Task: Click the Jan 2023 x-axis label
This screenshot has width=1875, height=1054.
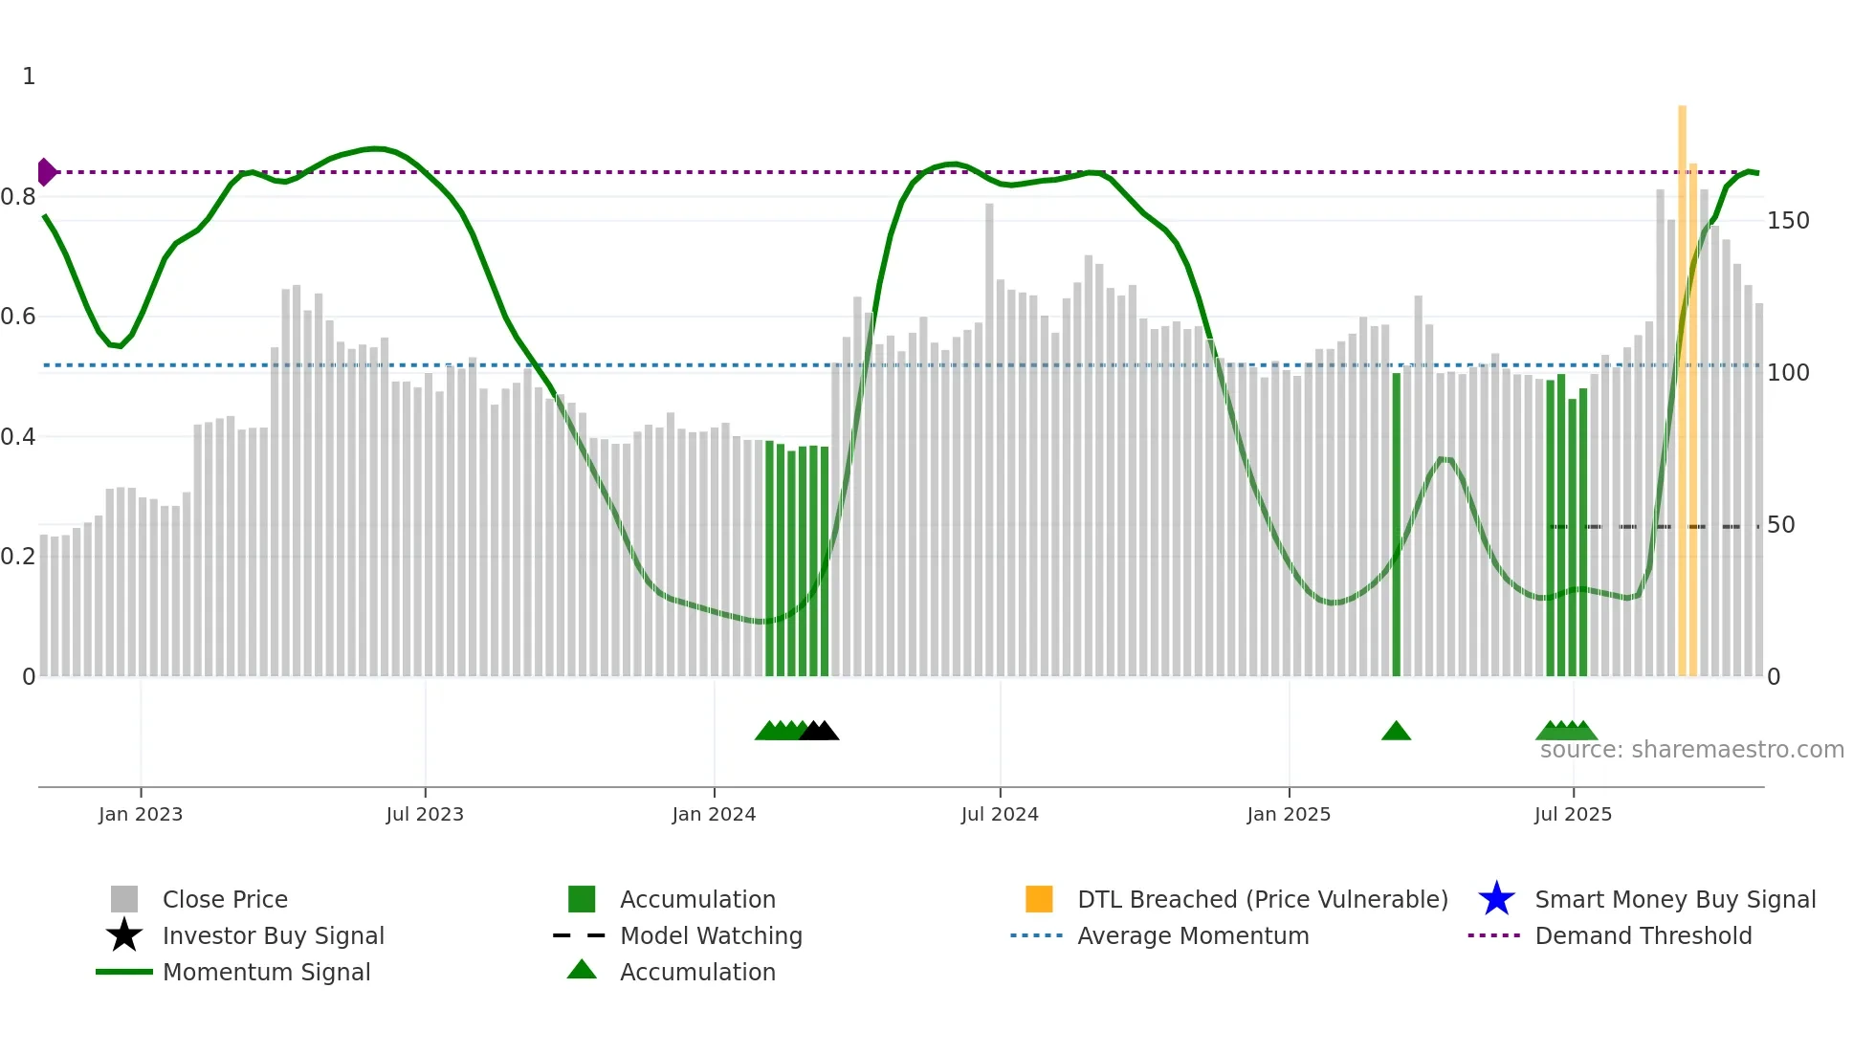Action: (x=140, y=815)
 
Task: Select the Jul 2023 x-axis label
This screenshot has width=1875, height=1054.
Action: (x=425, y=815)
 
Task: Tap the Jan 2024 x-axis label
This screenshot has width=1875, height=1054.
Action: (x=714, y=815)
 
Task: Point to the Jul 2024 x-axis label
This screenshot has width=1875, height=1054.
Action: (x=1000, y=815)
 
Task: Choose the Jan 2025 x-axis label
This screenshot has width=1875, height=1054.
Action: (x=1289, y=815)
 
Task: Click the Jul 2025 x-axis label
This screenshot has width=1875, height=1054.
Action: (x=1573, y=815)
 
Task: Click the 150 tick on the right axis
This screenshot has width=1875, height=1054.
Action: (x=1788, y=221)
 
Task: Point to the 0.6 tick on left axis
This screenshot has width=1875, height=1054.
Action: (x=18, y=317)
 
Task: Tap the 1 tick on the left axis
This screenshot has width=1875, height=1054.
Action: (x=29, y=77)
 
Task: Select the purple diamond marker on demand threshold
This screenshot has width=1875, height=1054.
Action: (x=46, y=172)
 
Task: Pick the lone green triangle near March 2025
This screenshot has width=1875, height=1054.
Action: (x=1396, y=732)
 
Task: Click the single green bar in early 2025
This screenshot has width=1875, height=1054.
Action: (x=1396, y=526)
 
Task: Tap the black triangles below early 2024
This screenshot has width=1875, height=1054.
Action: (x=819, y=732)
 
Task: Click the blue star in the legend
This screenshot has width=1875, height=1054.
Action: (x=1496, y=899)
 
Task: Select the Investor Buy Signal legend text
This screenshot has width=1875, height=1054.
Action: (x=273, y=936)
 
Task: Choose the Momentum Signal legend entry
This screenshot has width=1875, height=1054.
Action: (x=266, y=973)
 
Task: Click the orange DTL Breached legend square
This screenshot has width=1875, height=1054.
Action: (x=1039, y=899)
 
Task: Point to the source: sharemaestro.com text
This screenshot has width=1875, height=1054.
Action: (x=1691, y=750)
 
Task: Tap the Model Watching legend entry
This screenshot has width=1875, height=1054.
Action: (x=711, y=936)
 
